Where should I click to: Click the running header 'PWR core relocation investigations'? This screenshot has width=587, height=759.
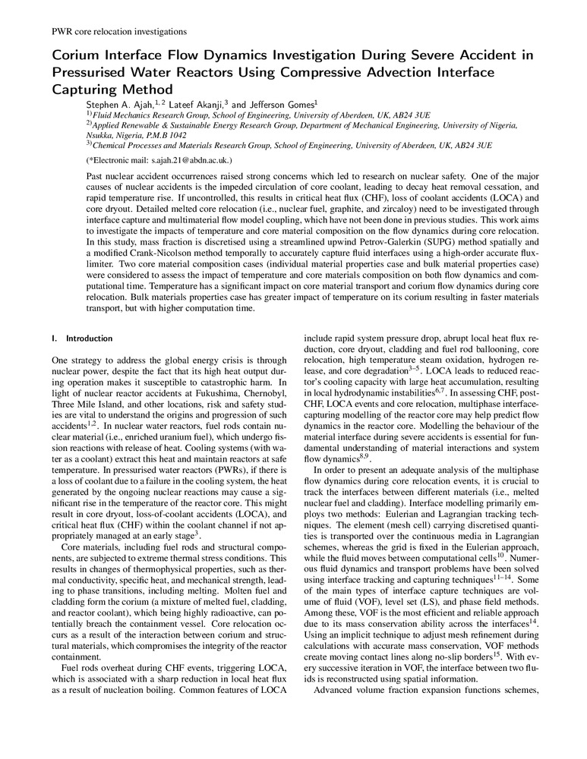click(x=118, y=31)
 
